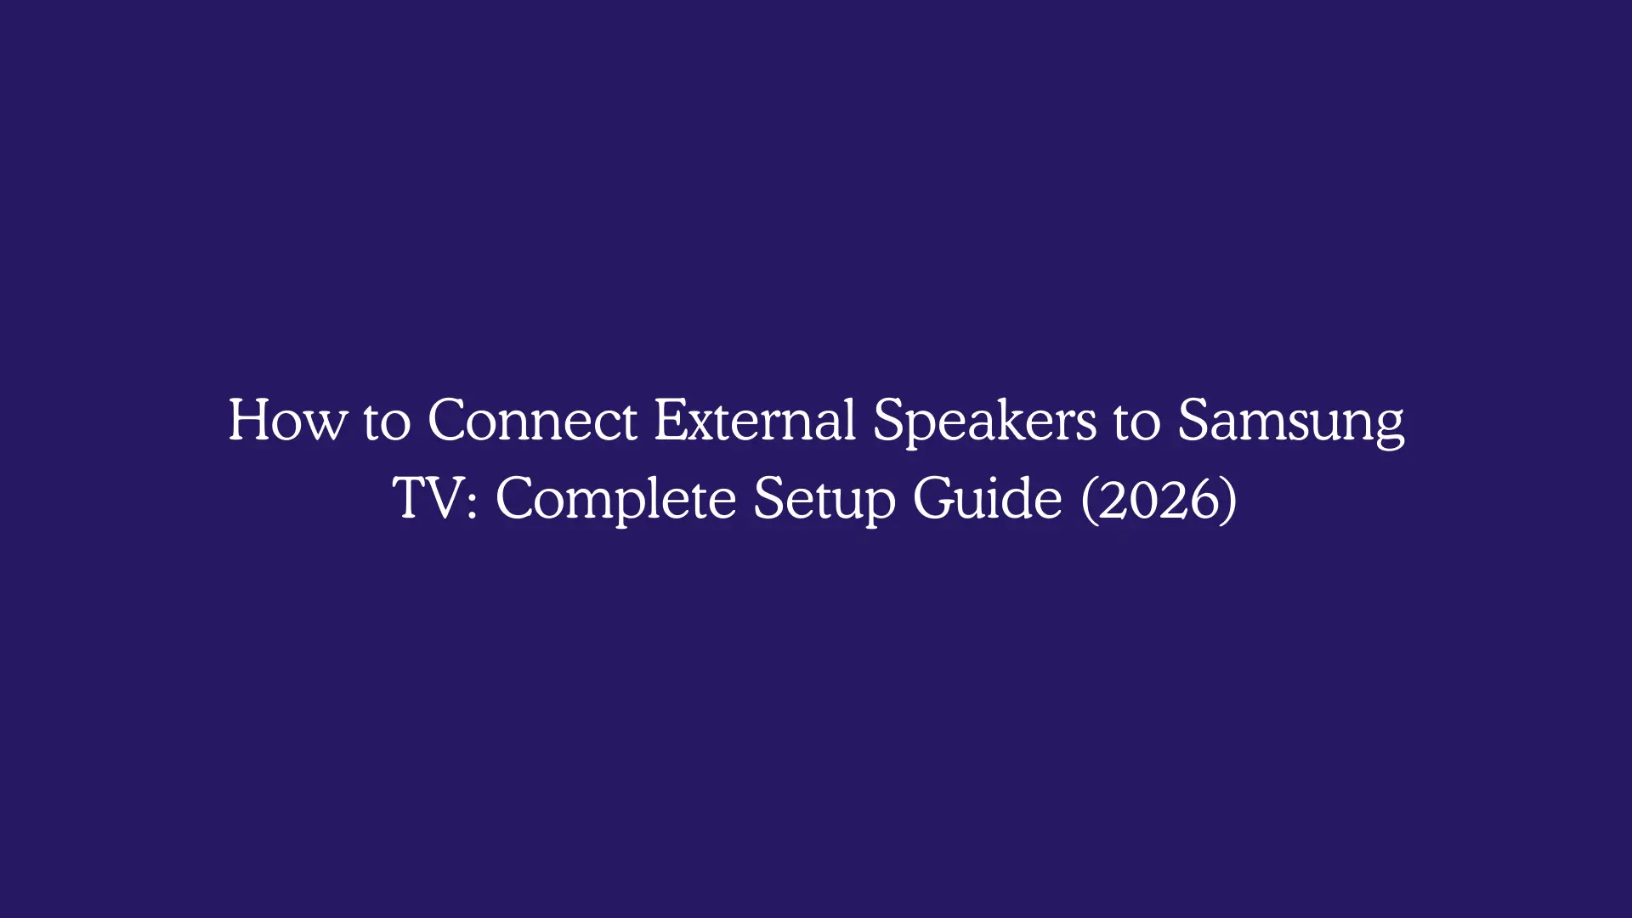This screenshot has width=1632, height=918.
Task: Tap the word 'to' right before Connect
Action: click(387, 421)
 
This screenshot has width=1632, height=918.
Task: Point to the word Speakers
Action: click(984, 421)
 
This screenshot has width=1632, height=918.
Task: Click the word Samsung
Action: click(1290, 421)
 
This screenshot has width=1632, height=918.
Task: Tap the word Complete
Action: click(615, 499)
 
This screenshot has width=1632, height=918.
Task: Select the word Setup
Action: click(824, 499)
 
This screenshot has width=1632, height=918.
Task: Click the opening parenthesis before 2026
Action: click(1089, 499)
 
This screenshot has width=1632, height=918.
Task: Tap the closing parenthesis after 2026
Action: click(1229, 499)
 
